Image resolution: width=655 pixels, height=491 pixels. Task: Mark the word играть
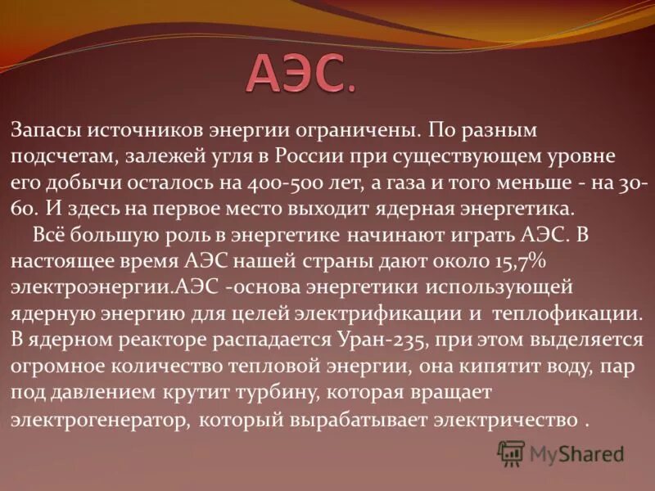(x=477, y=235)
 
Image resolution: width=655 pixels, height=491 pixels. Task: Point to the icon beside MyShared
(x=511, y=453)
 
